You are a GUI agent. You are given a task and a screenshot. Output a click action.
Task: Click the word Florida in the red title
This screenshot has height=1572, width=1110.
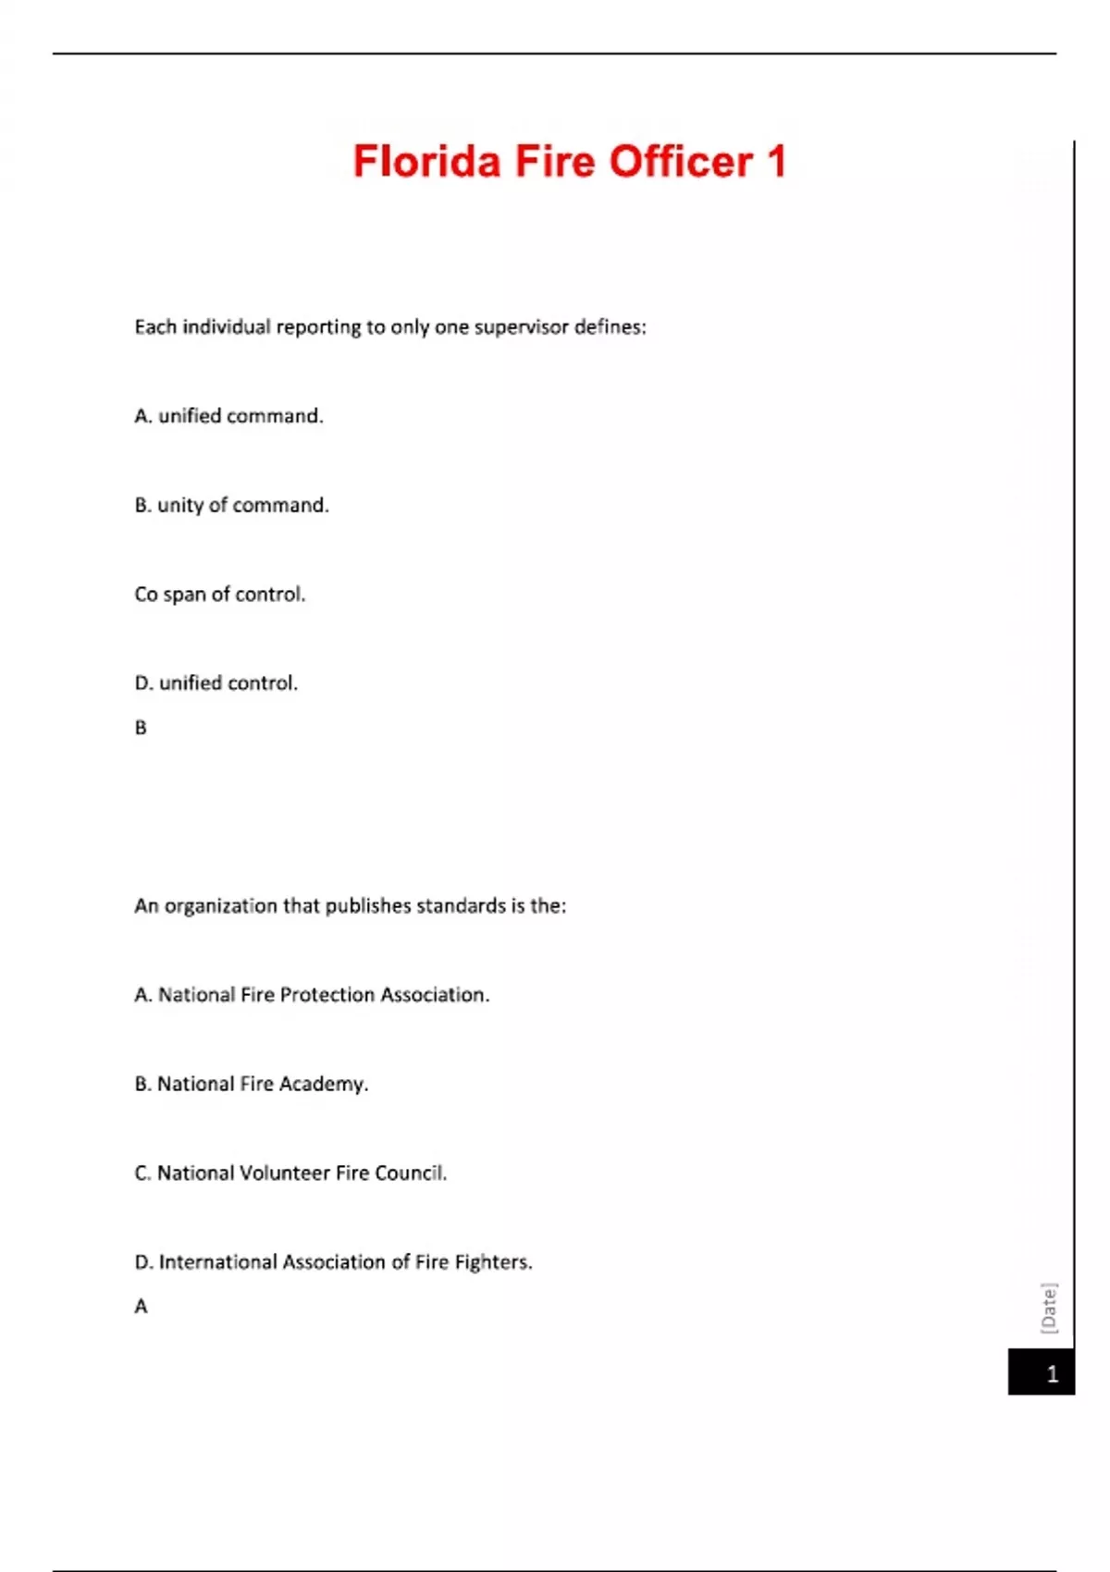[x=426, y=162]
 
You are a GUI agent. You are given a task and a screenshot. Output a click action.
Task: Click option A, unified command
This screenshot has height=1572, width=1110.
[x=229, y=416]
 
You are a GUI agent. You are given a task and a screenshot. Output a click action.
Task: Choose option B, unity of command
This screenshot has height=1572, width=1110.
[x=231, y=506]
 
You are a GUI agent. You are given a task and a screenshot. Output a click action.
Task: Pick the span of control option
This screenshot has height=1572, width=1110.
[x=219, y=595]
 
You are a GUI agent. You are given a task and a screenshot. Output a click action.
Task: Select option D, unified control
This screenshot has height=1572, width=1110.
[x=216, y=683]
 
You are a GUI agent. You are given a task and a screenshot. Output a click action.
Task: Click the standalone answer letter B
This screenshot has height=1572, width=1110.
[x=141, y=728]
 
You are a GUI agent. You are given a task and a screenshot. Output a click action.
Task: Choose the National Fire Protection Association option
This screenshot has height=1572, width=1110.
[x=312, y=995]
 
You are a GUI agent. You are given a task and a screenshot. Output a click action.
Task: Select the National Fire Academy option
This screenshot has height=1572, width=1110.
[x=252, y=1084]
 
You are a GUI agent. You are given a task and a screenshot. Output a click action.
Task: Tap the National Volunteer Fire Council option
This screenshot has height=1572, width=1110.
[x=290, y=1173]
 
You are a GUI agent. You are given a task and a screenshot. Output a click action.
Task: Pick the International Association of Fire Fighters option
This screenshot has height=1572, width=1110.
[x=333, y=1262]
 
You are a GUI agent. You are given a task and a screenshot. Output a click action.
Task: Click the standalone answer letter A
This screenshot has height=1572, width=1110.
[x=141, y=1307]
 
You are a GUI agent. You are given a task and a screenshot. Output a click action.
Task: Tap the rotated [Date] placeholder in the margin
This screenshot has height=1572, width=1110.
[x=1049, y=1308]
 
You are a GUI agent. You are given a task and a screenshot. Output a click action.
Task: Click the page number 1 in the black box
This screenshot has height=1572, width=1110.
[x=1052, y=1374]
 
